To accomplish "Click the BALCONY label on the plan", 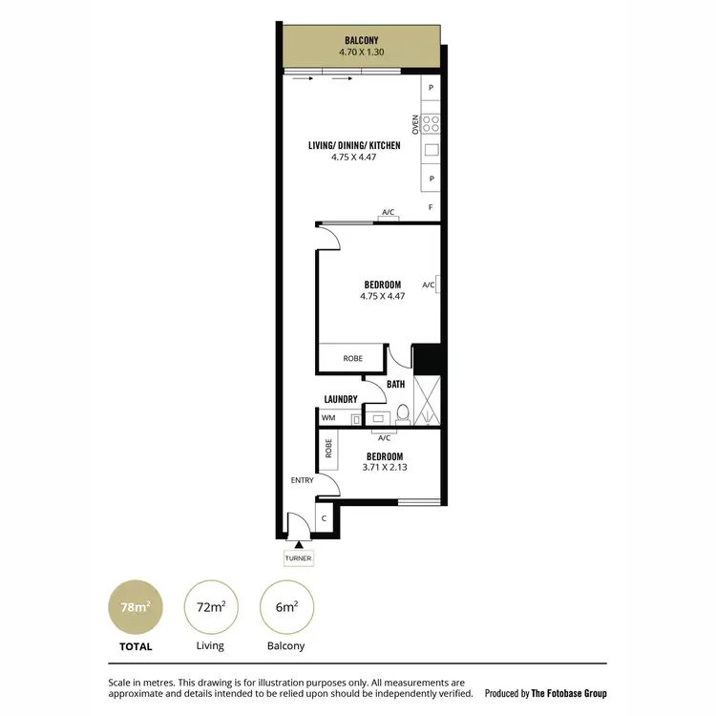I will [362, 41].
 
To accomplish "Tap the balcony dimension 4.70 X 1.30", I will [362, 53].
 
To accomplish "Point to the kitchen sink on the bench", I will [432, 150].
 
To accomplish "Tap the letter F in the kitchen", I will [432, 207].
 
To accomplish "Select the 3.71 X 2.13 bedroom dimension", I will [383, 468].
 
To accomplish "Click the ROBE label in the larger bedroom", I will [352, 359].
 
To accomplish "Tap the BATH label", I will [395, 384].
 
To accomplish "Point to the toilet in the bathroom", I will [403, 414].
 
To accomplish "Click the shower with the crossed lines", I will [426, 399].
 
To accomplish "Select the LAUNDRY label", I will [340, 399].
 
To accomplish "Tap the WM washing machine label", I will [328, 417].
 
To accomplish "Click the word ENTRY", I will [303, 480].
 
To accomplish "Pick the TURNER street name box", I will [297, 558].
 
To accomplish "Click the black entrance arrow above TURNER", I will [297, 544].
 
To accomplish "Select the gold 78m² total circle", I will [132, 606].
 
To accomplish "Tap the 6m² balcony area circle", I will [285, 606].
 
